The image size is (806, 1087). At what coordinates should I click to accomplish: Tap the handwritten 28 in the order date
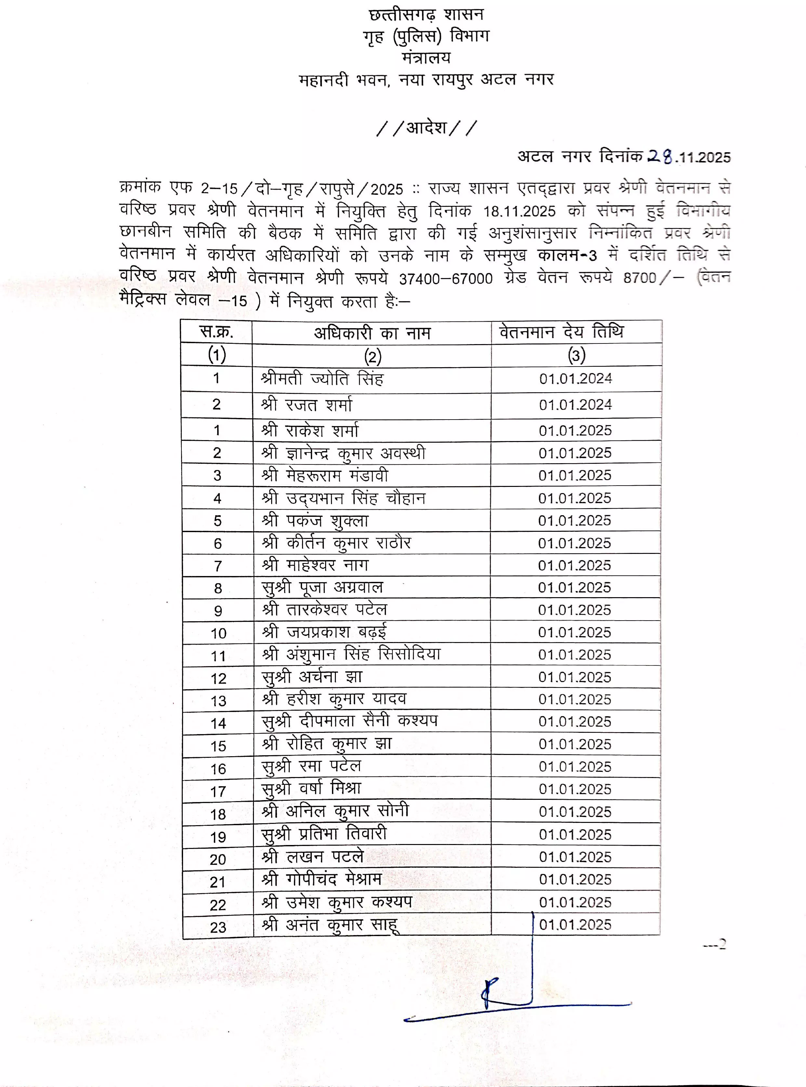(x=660, y=156)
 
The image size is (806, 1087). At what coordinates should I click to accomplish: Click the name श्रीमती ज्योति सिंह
(x=322, y=379)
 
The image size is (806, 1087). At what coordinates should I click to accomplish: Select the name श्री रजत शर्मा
(x=306, y=405)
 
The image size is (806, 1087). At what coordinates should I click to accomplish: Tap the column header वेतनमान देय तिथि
(x=561, y=332)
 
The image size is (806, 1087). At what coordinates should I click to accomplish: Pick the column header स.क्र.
(x=217, y=332)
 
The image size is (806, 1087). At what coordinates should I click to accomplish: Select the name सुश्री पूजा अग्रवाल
(x=322, y=587)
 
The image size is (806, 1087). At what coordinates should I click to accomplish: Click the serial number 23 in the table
(x=218, y=927)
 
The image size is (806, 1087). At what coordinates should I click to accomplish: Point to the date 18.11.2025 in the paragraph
(x=519, y=211)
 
